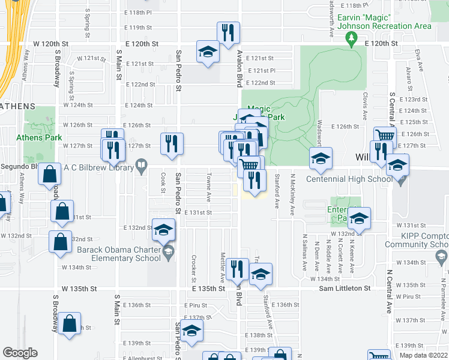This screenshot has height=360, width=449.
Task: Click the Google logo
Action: click(20, 353)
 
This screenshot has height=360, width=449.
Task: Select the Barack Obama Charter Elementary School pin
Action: click(169, 250)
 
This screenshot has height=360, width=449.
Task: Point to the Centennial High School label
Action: click(350, 179)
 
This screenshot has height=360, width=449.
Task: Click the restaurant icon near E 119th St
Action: click(228, 32)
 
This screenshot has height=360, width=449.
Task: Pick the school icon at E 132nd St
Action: click(163, 230)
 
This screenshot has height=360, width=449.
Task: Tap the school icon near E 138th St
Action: click(191, 331)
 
